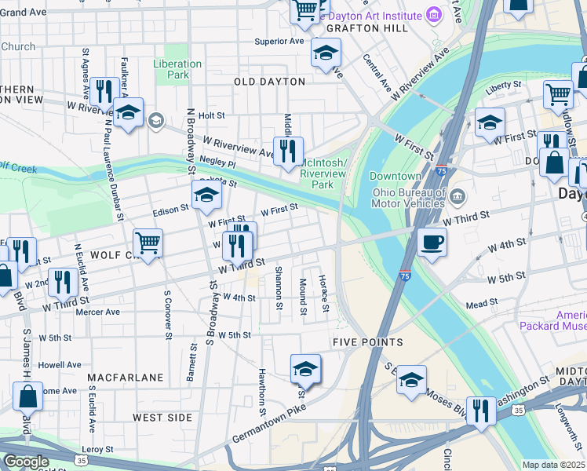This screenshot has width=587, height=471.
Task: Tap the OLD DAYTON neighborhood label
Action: pyautogui.click(x=269, y=82)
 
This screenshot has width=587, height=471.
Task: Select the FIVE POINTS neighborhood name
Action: pyautogui.click(x=367, y=342)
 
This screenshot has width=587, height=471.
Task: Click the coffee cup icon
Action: pyautogui.click(x=431, y=242)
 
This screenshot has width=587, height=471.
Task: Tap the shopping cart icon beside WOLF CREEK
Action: pyautogui.click(x=148, y=241)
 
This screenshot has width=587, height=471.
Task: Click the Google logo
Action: pyautogui.click(x=26, y=462)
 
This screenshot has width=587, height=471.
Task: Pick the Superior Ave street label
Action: pyautogui.click(x=279, y=42)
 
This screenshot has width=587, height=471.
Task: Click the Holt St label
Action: pyautogui.click(x=212, y=115)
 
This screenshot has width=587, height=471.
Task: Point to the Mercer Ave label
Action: pyautogui.click(x=97, y=312)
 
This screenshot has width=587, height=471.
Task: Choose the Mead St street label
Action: pyautogui.click(x=482, y=302)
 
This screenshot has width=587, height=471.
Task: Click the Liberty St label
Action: pyautogui.click(x=503, y=85)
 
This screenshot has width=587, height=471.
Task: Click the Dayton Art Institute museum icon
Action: pyautogui.click(x=432, y=15)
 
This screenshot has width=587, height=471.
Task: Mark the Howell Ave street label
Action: pyautogui.click(x=60, y=364)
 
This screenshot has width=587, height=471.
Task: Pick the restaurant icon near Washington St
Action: pyautogui.click(x=480, y=410)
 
